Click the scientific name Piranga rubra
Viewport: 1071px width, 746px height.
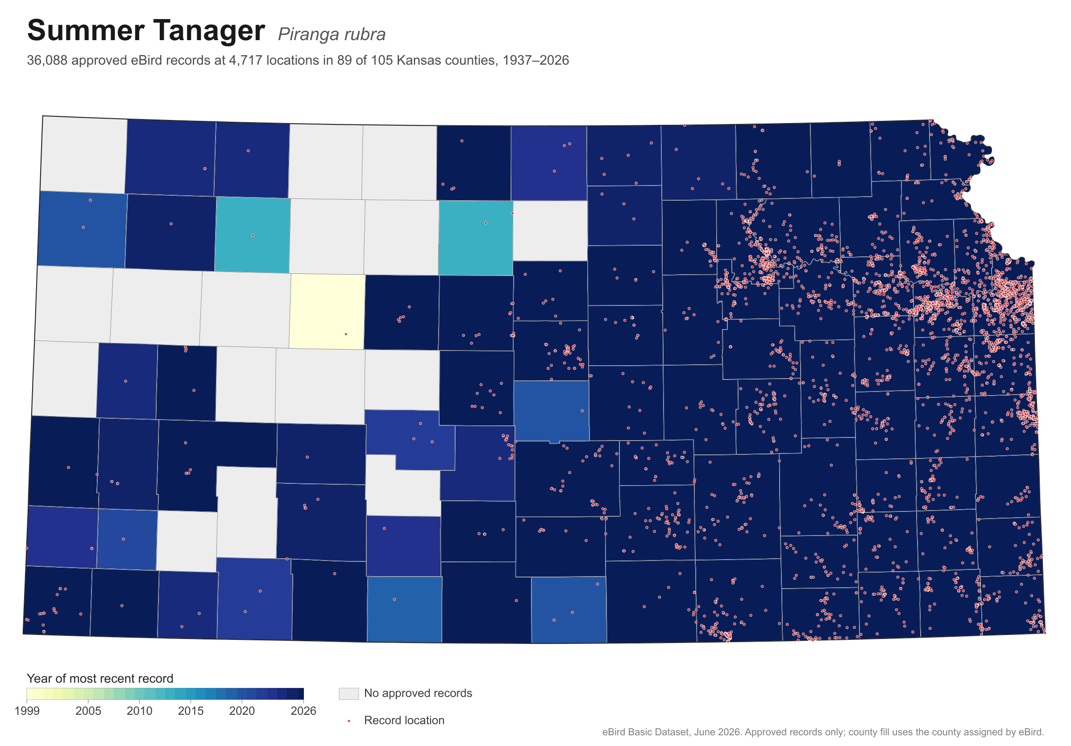(x=332, y=34)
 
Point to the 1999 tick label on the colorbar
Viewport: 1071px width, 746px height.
(x=27, y=711)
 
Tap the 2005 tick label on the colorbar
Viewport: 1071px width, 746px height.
(x=88, y=711)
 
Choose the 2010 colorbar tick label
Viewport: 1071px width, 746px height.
(x=140, y=711)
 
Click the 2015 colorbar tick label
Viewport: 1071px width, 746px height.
(x=191, y=711)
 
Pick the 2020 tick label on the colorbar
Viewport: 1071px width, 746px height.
(x=242, y=711)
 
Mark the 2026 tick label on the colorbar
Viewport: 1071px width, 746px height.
(x=303, y=711)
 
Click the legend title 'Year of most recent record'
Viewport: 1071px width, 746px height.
(x=100, y=678)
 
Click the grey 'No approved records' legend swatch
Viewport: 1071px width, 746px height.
(x=349, y=693)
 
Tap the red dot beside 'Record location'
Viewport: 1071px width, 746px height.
(x=349, y=721)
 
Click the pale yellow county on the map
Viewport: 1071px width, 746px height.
(x=327, y=312)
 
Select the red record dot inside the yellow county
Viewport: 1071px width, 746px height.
(x=346, y=334)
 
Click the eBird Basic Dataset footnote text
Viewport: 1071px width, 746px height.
(x=823, y=732)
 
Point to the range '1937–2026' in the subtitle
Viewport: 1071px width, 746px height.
(x=535, y=61)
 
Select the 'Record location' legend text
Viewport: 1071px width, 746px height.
(x=404, y=721)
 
